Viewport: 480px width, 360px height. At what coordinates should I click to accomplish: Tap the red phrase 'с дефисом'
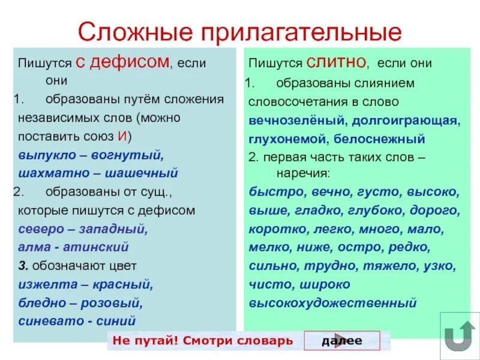[x=124, y=61]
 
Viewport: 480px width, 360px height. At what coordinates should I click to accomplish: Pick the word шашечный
[x=142, y=173]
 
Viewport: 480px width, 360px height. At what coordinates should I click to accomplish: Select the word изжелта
[x=44, y=284]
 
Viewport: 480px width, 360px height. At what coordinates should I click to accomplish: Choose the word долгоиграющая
[x=406, y=121]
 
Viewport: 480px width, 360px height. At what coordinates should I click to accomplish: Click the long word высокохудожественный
[x=332, y=303]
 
